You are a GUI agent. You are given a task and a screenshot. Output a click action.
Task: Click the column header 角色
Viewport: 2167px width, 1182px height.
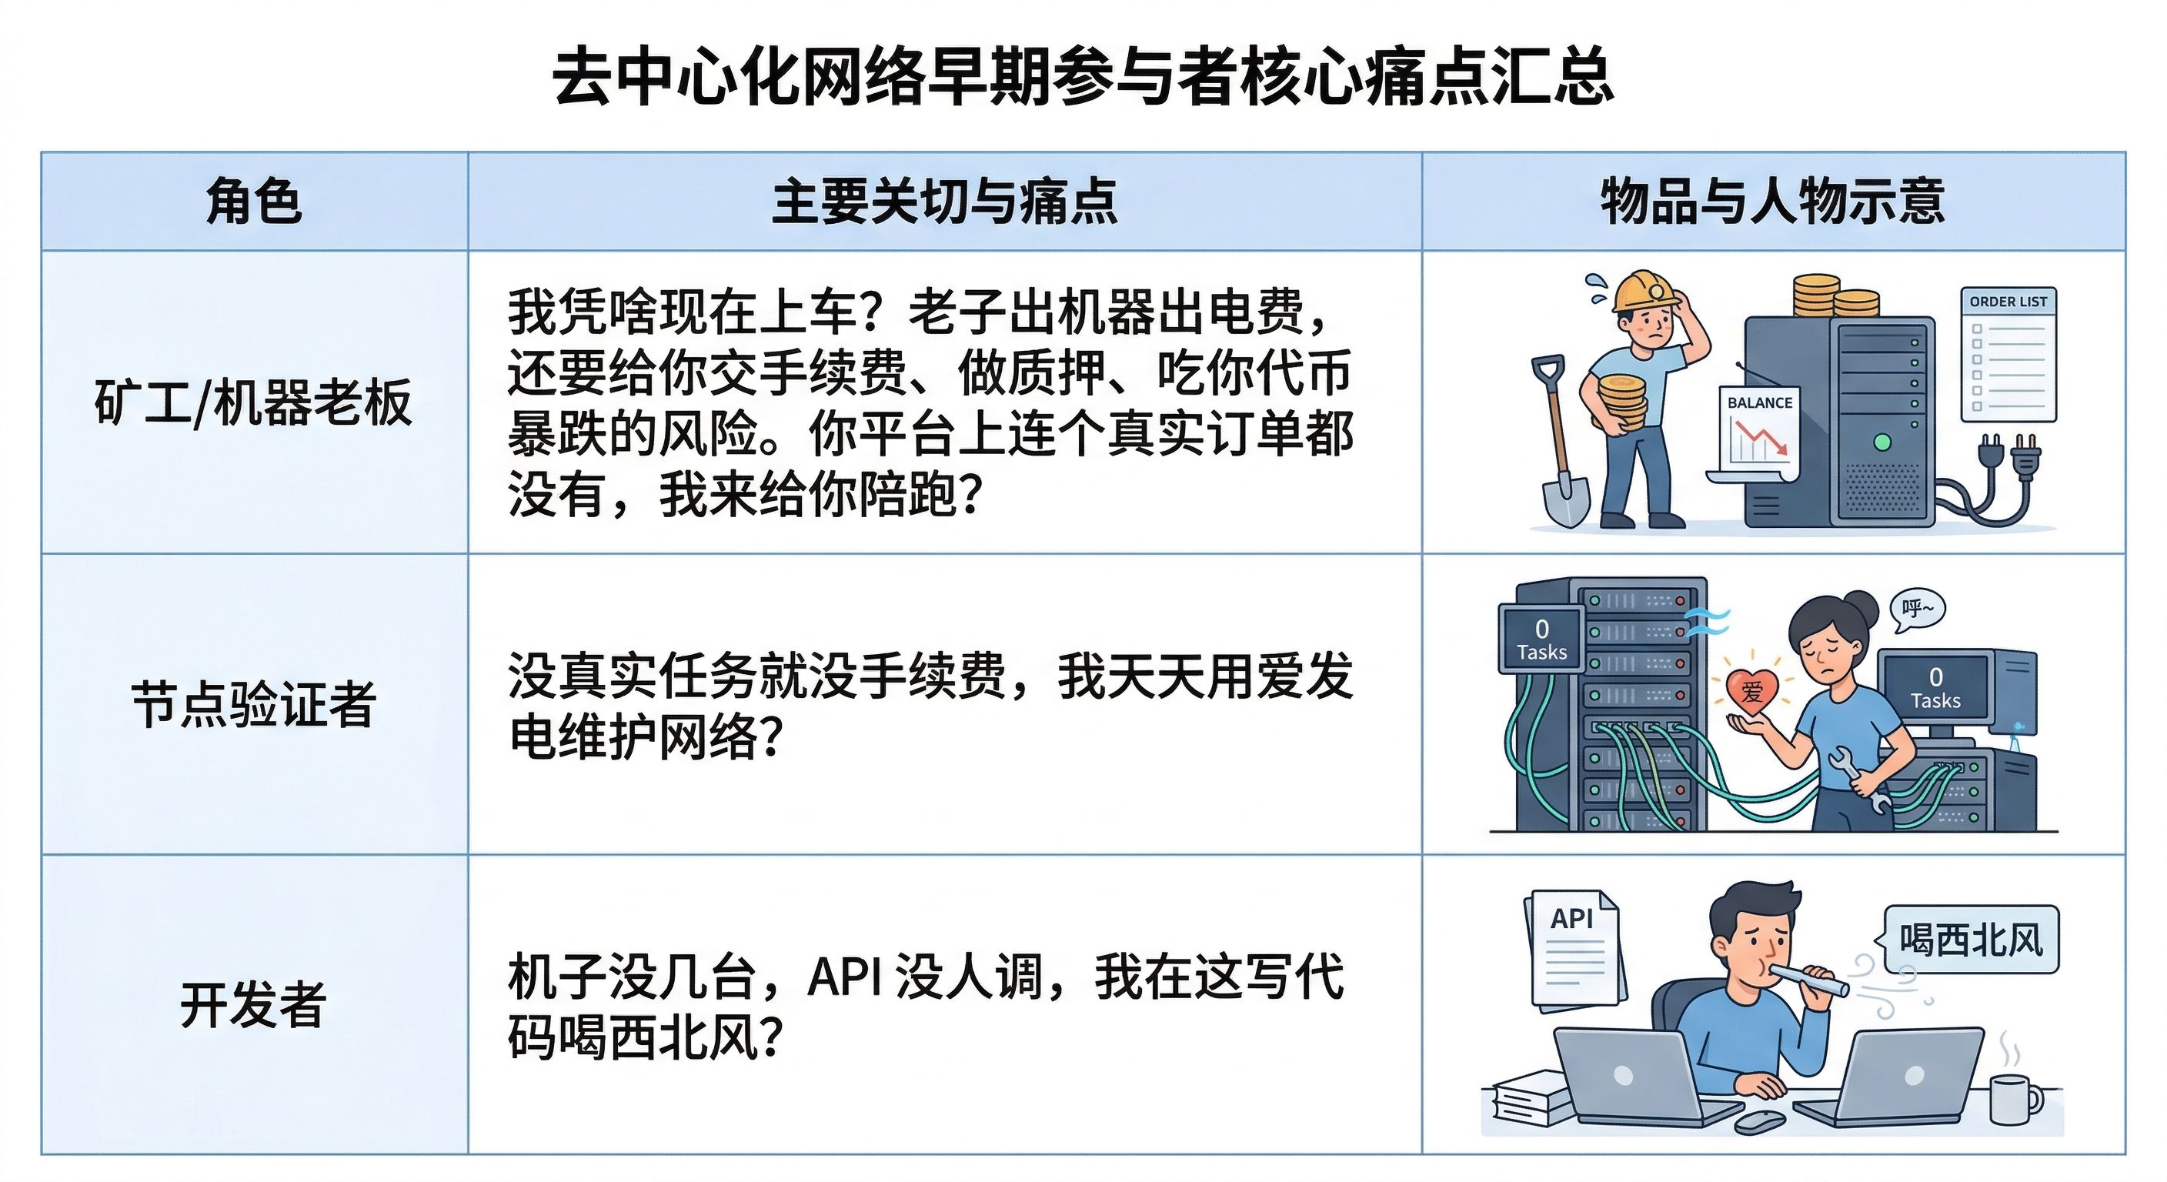coord(253,202)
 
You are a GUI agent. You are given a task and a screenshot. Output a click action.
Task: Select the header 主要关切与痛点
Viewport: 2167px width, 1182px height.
coord(945,202)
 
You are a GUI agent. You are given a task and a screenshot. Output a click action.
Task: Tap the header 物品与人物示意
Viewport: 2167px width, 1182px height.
coord(1773,202)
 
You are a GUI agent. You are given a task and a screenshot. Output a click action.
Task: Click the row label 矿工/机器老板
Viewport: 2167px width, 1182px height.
coord(253,402)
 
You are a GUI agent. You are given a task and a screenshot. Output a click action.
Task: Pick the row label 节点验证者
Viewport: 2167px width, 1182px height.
coord(253,703)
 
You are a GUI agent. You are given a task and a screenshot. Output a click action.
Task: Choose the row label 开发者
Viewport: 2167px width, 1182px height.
coord(253,1003)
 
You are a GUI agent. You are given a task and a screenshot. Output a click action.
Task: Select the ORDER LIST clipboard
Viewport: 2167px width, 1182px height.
coord(2008,354)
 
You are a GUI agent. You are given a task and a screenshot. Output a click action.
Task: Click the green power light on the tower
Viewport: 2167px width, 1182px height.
coord(1883,442)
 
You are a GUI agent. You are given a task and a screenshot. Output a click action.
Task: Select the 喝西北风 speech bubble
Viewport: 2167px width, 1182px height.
coord(1969,940)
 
